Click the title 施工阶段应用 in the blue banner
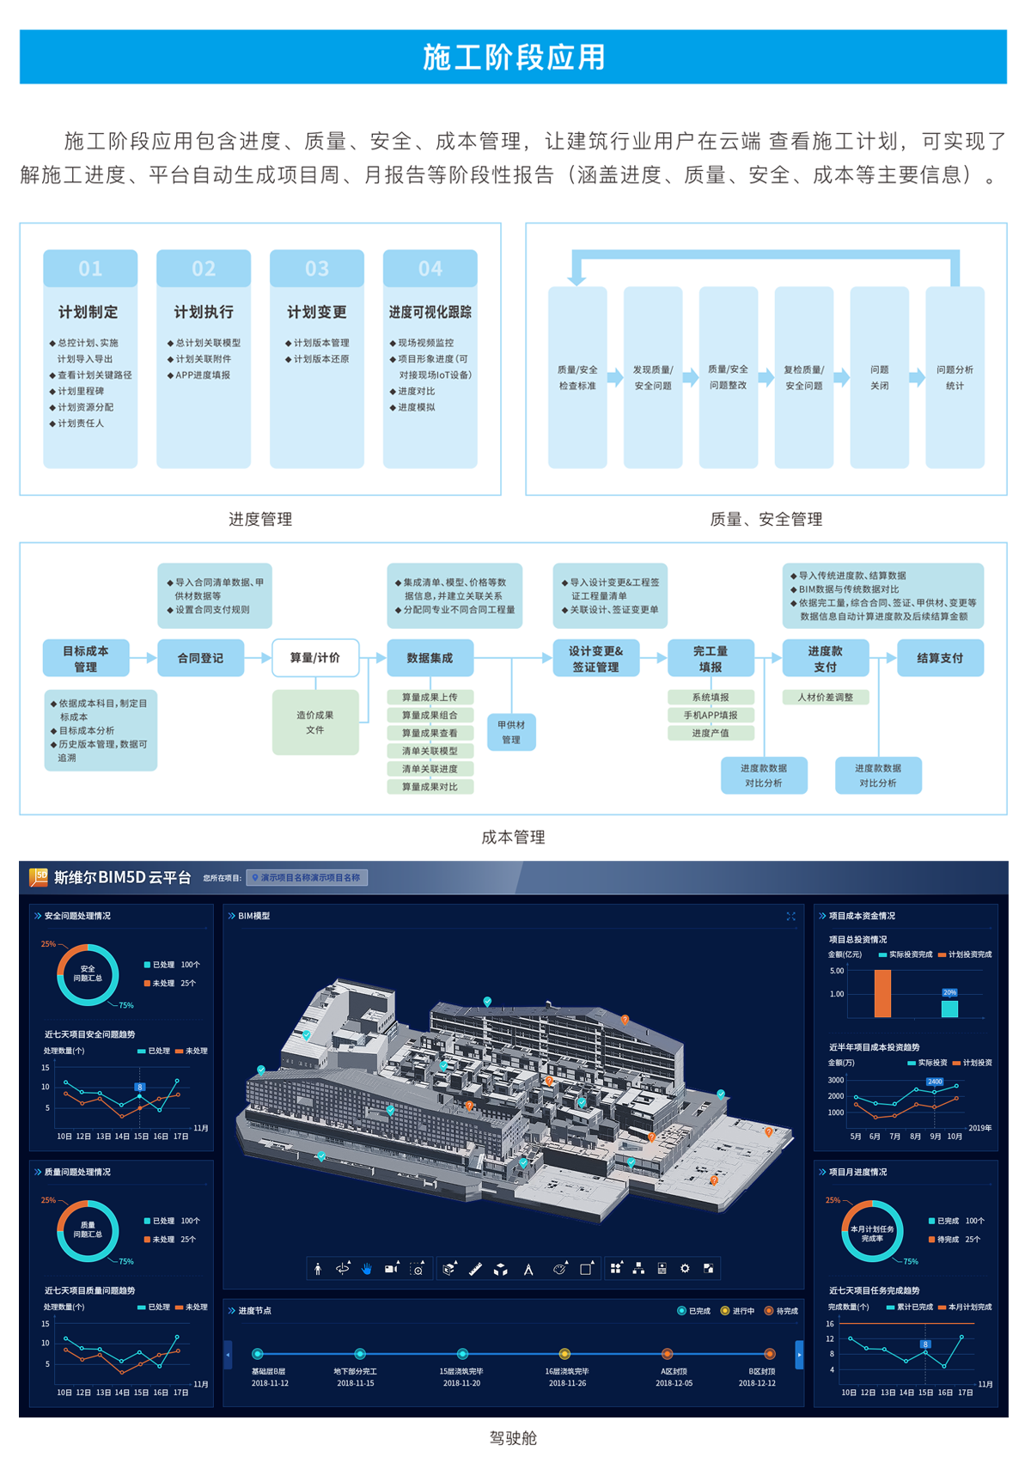[x=514, y=57]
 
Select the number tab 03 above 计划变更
[x=316, y=269]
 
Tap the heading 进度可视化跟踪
[x=430, y=312]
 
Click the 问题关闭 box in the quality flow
[x=879, y=377]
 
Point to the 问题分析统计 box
[x=955, y=377]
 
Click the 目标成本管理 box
[x=86, y=658]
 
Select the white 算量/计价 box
[x=315, y=658]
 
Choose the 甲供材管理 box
[x=511, y=732]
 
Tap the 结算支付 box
[x=940, y=658]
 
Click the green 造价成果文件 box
[x=315, y=722]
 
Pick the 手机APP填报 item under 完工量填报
[x=711, y=715]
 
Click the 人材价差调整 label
[x=825, y=698]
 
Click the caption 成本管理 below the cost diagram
[x=513, y=837]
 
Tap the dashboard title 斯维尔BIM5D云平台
[x=122, y=877]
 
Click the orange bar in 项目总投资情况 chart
[x=882, y=993]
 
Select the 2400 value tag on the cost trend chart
[x=935, y=1082]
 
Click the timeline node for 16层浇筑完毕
[x=564, y=1354]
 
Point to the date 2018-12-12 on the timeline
[x=757, y=1383]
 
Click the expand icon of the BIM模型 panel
[x=791, y=916]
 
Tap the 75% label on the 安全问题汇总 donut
[x=126, y=1005]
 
